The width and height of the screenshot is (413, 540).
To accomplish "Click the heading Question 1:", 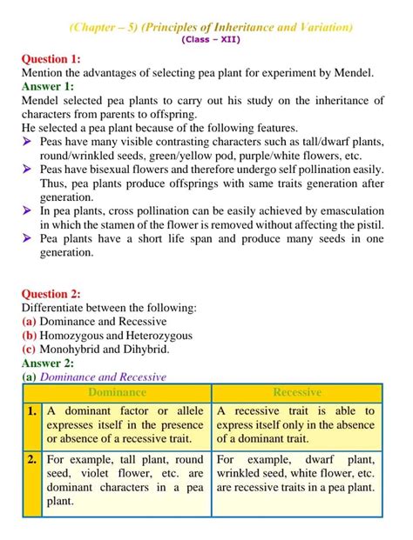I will (51, 59).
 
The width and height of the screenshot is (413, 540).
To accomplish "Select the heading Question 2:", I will (51, 294).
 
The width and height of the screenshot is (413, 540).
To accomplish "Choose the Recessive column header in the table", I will (296, 392).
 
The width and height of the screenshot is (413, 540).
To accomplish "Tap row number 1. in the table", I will (31, 410).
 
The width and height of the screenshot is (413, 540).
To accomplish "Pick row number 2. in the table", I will (31, 458).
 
